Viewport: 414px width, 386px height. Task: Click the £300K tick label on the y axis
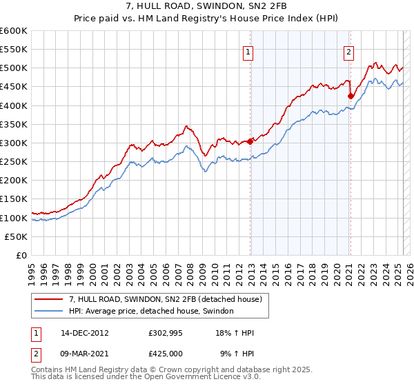[13, 143]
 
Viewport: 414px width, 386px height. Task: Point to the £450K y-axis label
[13, 87]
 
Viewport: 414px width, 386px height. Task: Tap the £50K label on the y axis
[16, 236]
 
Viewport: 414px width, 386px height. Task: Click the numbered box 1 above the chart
[248, 50]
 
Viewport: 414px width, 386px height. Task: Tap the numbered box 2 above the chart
[349, 50]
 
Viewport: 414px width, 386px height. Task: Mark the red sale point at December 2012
[250, 141]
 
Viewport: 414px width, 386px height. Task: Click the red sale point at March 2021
[351, 96]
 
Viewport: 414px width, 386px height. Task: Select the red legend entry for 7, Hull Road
[165, 299]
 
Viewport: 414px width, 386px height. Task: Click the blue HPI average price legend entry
[151, 312]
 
